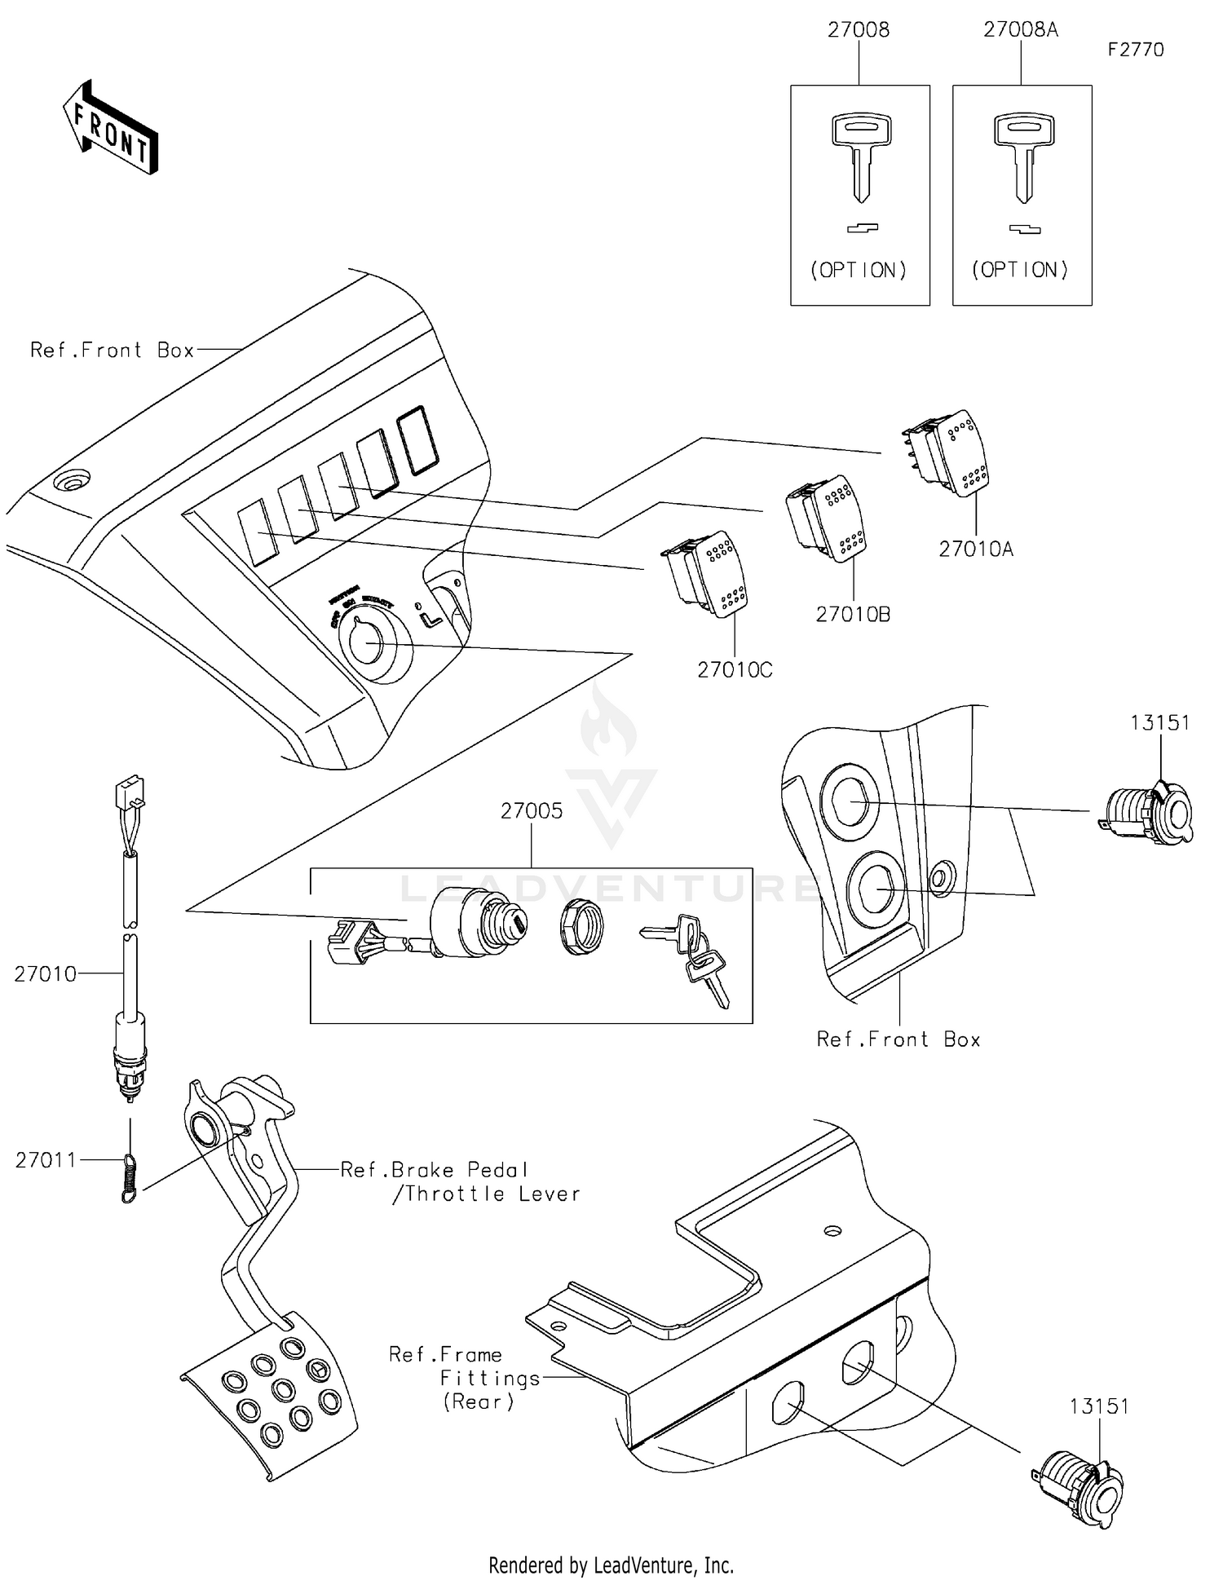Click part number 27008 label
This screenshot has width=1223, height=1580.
pyautogui.click(x=859, y=30)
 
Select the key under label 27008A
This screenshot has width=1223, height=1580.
pyautogui.click(x=1023, y=156)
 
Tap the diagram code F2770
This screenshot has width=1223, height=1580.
pyautogui.click(x=1135, y=50)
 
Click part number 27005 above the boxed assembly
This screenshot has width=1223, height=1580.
pyautogui.click(x=532, y=810)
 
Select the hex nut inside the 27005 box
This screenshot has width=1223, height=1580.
pyautogui.click(x=581, y=927)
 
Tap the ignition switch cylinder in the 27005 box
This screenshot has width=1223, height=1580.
pyautogui.click(x=478, y=926)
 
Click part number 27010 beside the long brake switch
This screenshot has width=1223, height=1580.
pyautogui.click(x=45, y=973)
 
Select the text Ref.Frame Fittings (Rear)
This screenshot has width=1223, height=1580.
pyautogui.click(x=464, y=1378)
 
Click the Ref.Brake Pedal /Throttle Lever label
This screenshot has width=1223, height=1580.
pyautogui.click(x=461, y=1181)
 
